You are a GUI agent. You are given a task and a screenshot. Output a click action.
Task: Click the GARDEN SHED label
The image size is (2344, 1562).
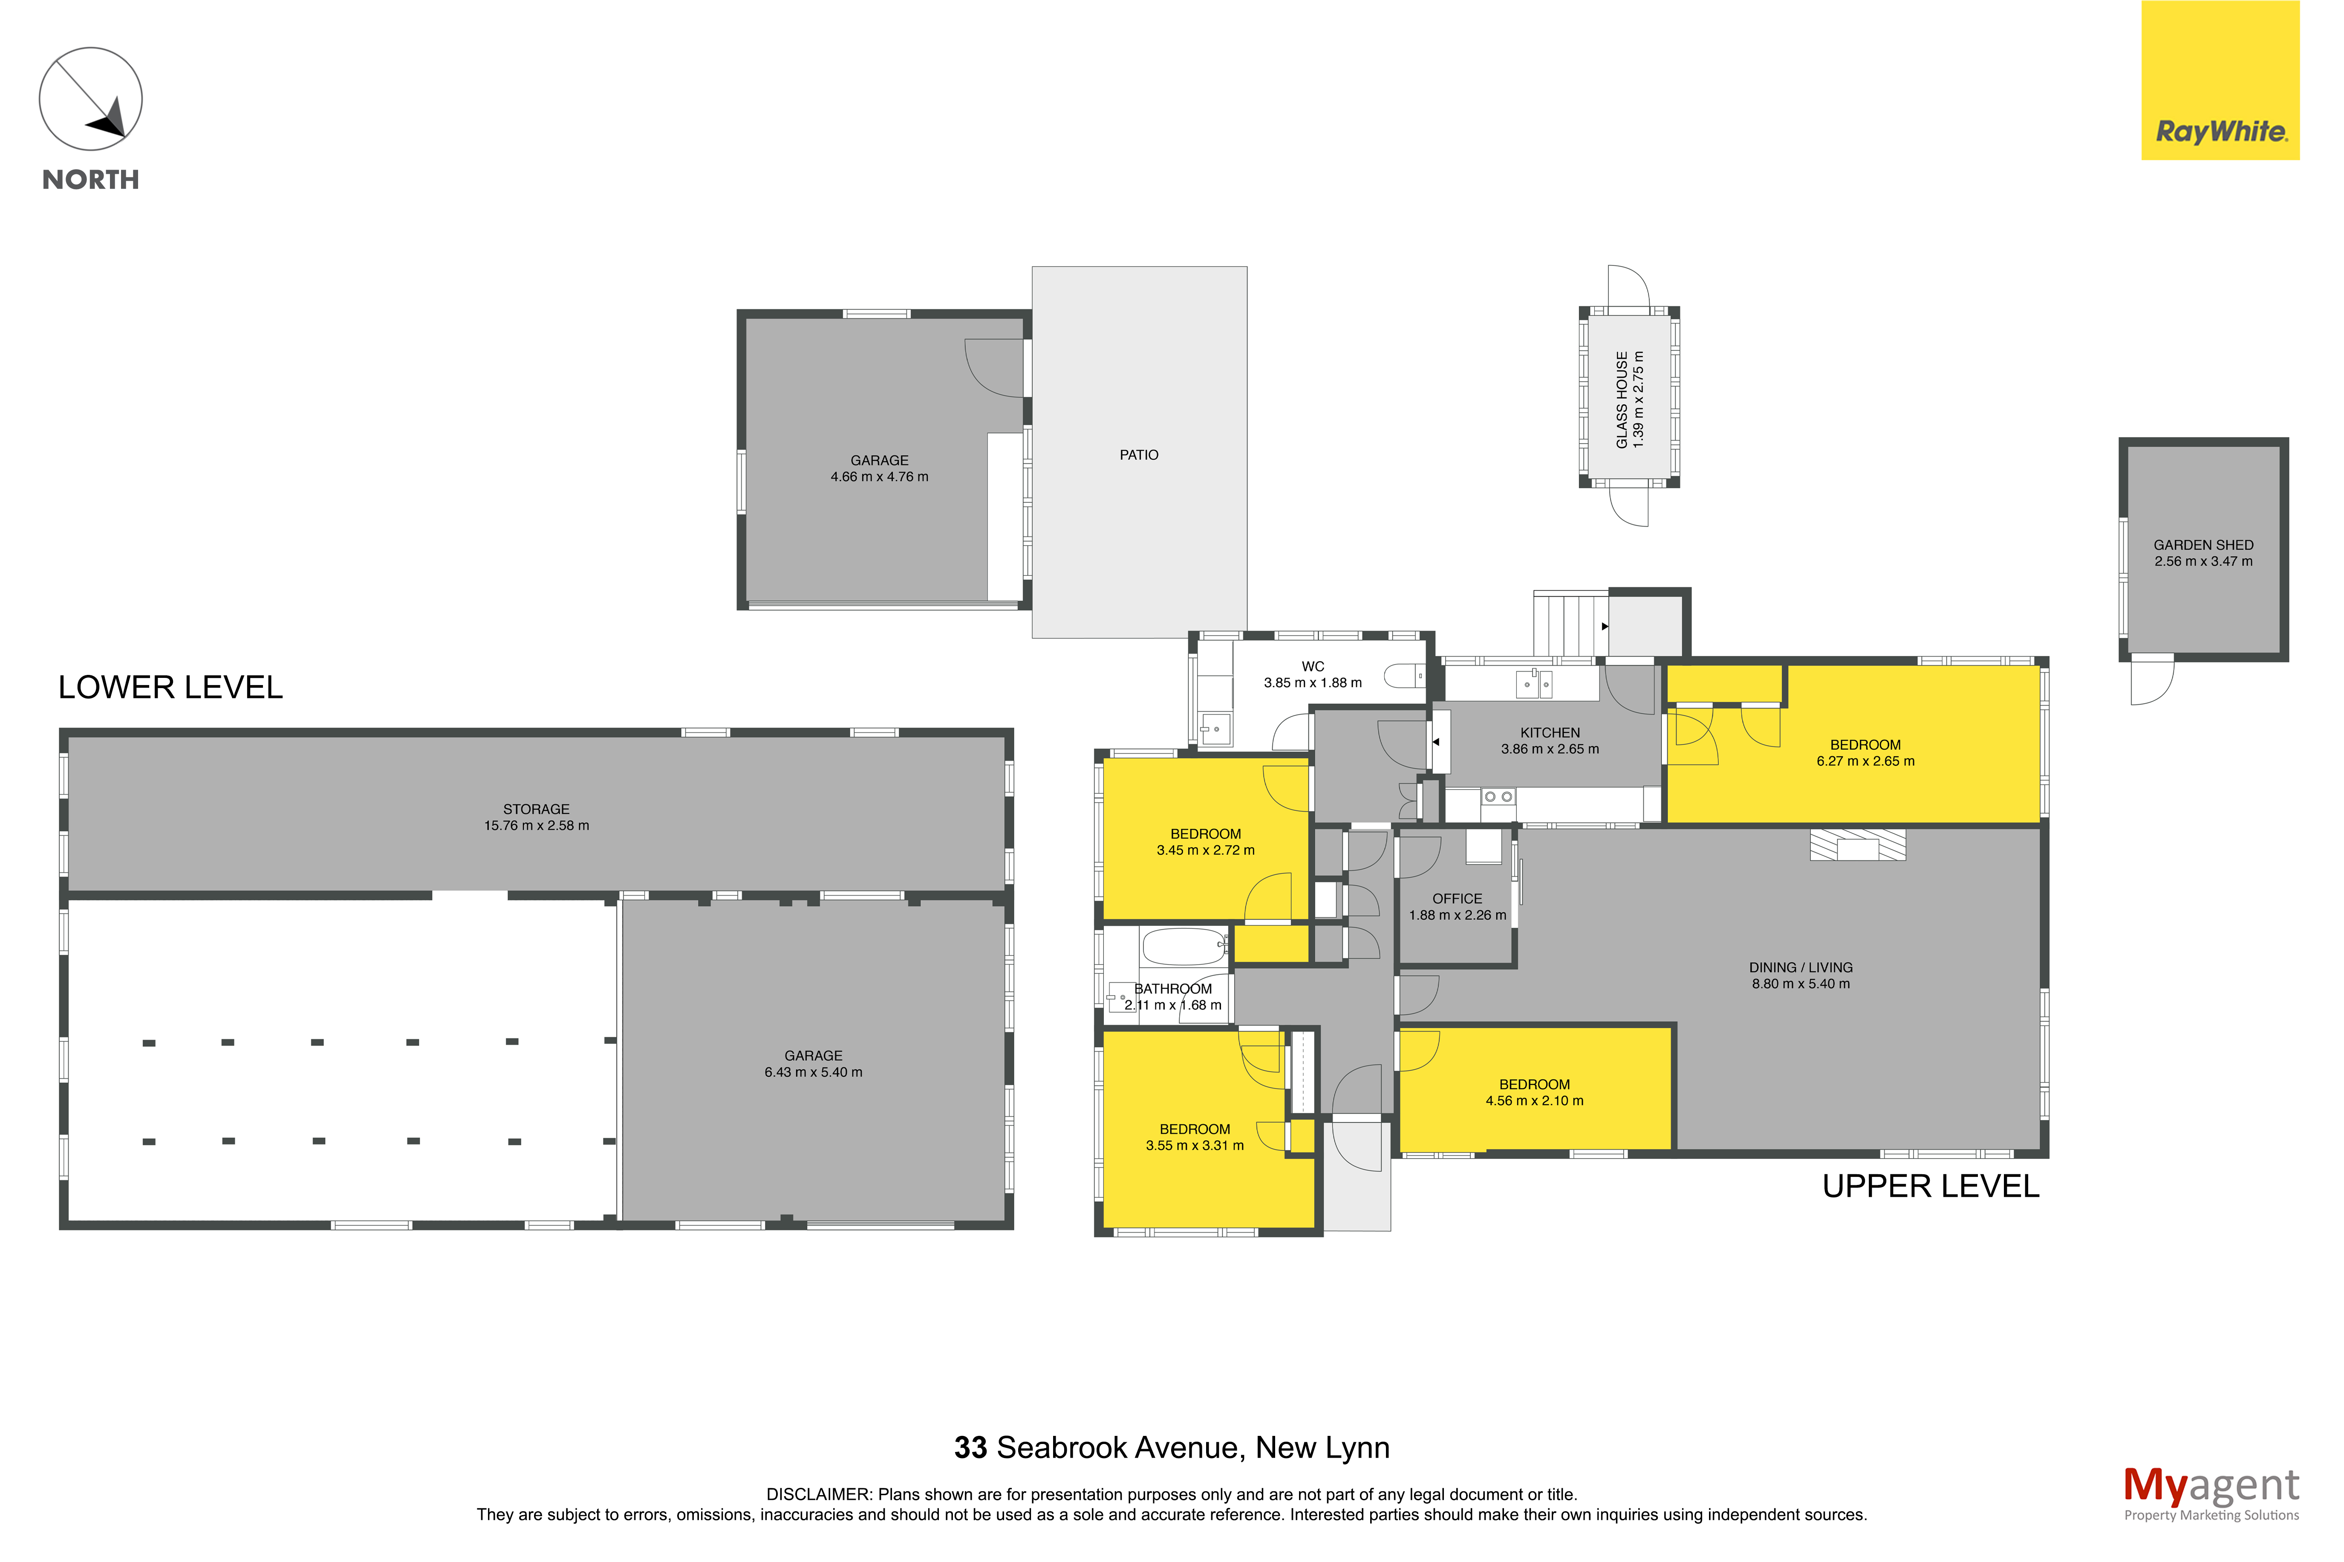coord(2203,545)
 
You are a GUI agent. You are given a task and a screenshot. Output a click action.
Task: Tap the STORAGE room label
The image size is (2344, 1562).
coord(536,809)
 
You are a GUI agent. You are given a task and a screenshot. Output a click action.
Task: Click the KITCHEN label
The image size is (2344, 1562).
coord(1549,732)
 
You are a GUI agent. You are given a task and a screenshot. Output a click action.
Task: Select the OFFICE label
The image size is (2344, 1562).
coord(1456,899)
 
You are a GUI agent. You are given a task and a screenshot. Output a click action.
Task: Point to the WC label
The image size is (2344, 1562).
coord(1312,666)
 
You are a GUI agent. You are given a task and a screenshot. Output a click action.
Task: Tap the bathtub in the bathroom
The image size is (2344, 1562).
coord(1184,946)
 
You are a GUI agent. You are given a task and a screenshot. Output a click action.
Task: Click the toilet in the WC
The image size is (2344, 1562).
coord(1405,677)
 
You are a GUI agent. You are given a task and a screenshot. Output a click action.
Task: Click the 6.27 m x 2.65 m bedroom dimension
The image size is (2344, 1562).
coord(1865,761)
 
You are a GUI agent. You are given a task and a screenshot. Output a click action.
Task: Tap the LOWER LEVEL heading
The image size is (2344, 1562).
coord(170,687)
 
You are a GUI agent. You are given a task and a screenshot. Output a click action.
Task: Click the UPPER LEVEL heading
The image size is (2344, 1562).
coord(1931,1187)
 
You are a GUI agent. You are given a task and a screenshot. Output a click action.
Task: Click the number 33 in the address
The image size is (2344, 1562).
coord(970,1447)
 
